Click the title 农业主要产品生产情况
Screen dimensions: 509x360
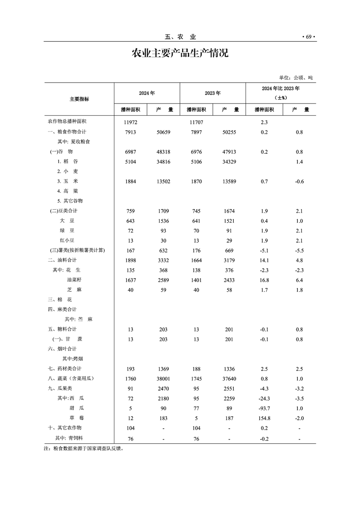coord(180,54)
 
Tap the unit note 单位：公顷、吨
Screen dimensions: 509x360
coord(296,78)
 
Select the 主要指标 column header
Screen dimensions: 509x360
coord(79,99)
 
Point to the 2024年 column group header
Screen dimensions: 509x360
coord(147,93)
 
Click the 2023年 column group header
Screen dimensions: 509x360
coord(212,93)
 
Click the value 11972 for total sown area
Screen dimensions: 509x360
coord(130,122)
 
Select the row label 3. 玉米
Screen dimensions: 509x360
coord(69,181)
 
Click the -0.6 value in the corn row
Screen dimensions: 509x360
coord(299,181)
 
